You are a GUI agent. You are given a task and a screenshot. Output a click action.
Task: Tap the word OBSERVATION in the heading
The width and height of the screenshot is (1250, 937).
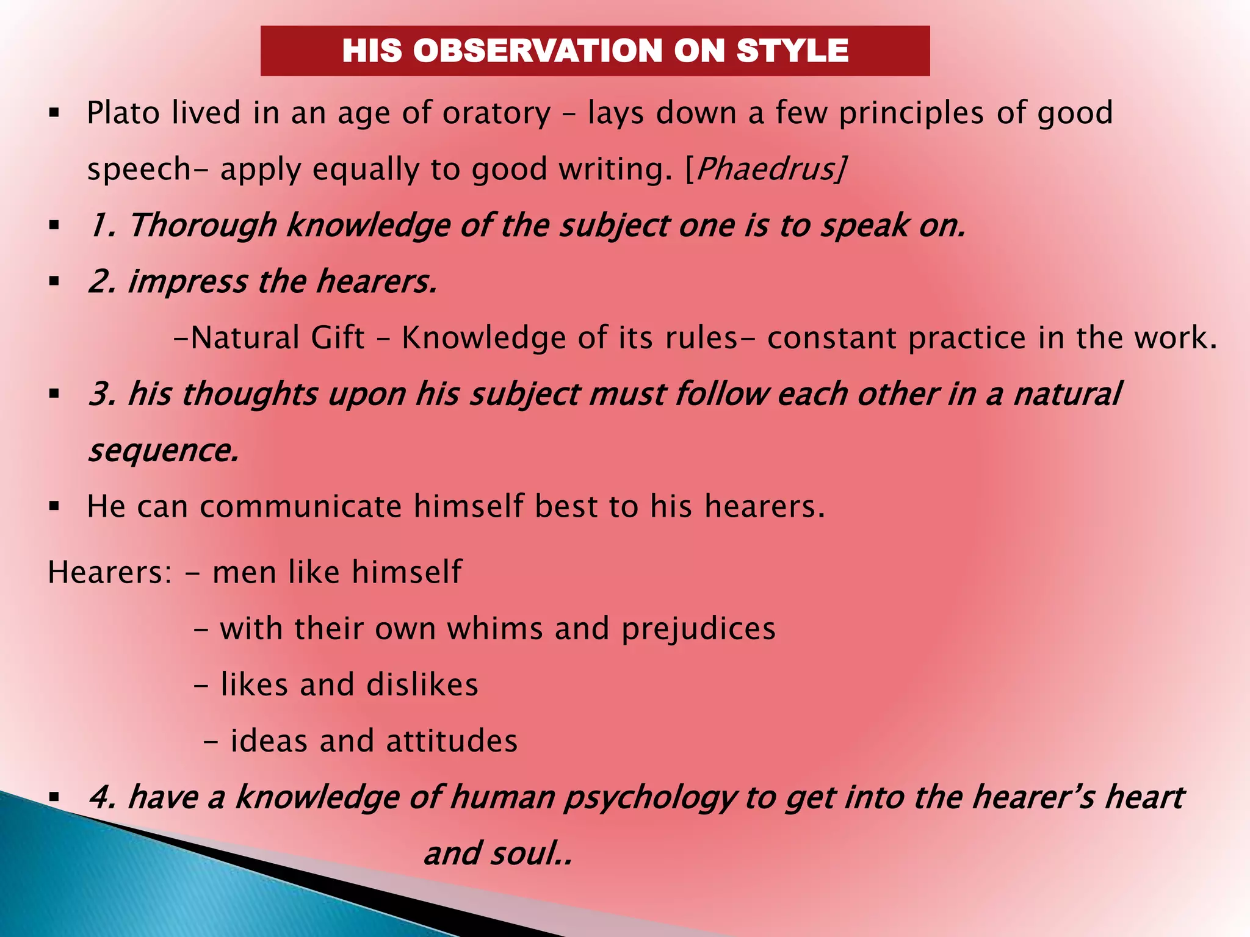pos(538,51)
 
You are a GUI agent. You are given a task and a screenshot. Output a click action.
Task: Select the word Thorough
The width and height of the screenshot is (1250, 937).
pos(203,226)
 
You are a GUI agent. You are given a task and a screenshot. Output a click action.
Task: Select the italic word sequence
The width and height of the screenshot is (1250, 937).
pos(162,451)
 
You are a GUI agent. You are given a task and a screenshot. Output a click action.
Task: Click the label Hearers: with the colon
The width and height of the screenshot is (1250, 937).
pos(110,573)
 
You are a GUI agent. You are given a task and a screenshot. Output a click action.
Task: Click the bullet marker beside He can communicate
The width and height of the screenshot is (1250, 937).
pos(54,506)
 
